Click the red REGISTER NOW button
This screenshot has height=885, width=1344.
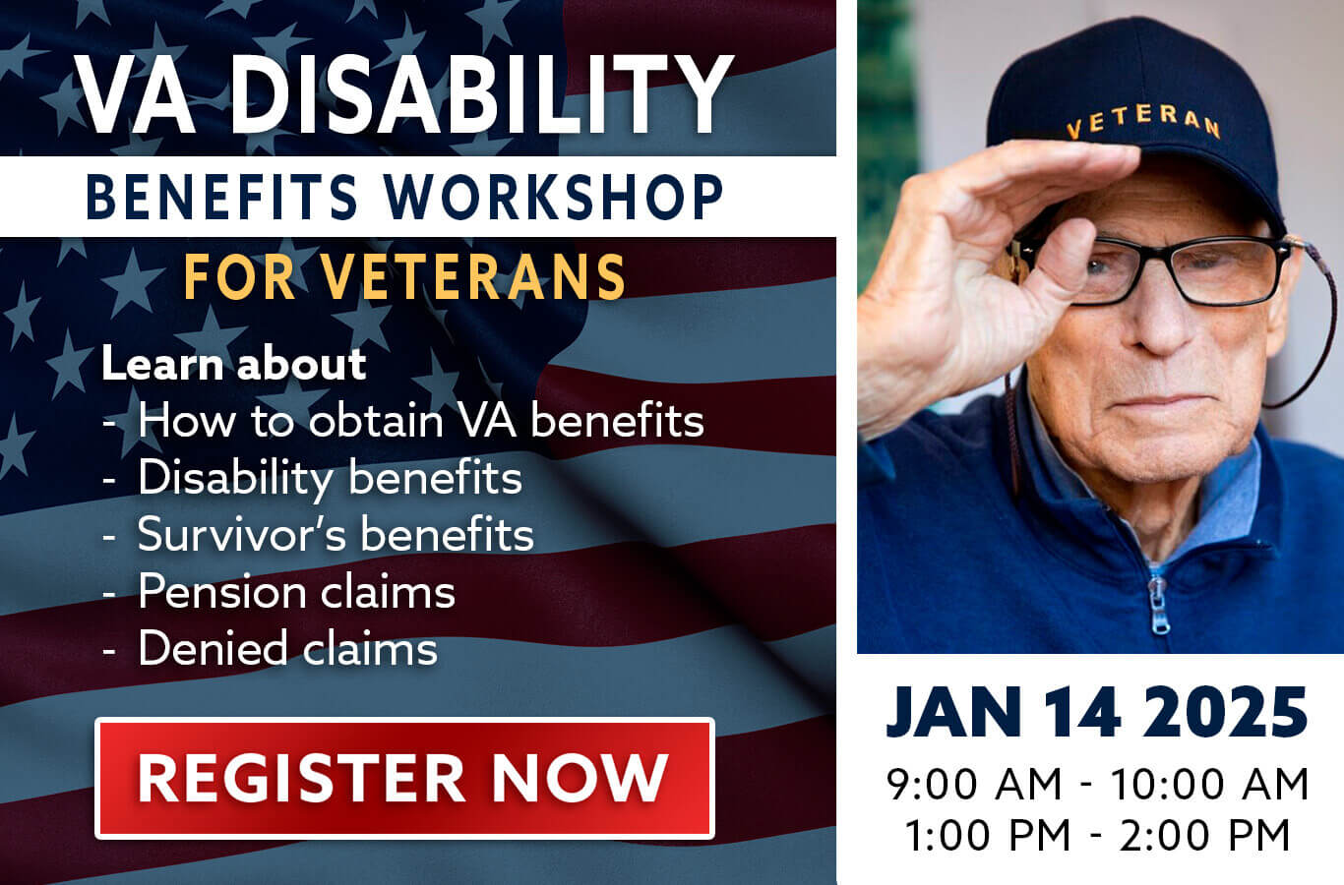click(x=404, y=778)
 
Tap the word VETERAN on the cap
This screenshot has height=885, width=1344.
click(x=1143, y=121)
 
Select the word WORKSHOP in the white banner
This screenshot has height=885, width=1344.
click(x=553, y=197)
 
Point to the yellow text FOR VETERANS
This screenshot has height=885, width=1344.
click(x=404, y=276)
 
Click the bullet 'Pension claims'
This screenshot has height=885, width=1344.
click(x=297, y=592)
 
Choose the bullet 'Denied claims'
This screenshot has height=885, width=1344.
click(x=288, y=648)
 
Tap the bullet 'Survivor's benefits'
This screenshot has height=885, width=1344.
click(x=336, y=534)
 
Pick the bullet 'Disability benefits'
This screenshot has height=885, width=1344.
click(x=330, y=478)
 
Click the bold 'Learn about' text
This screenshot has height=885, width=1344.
click(x=234, y=364)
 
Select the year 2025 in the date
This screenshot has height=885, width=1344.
click(x=1225, y=712)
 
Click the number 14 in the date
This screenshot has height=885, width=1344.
click(x=1082, y=712)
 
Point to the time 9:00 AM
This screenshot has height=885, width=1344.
click(x=974, y=784)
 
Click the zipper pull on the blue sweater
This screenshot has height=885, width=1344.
click(x=1159, y=607)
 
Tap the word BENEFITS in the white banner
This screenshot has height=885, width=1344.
click(x=222, y=197)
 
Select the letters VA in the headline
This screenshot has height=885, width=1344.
click(x=136, y=94)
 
